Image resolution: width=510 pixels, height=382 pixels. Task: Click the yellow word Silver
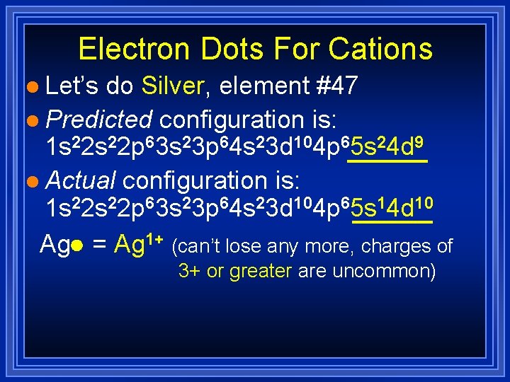pos(173,86)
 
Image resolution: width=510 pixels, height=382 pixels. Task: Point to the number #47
pos(337,86)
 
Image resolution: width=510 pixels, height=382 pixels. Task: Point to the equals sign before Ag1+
pos(99,245)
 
